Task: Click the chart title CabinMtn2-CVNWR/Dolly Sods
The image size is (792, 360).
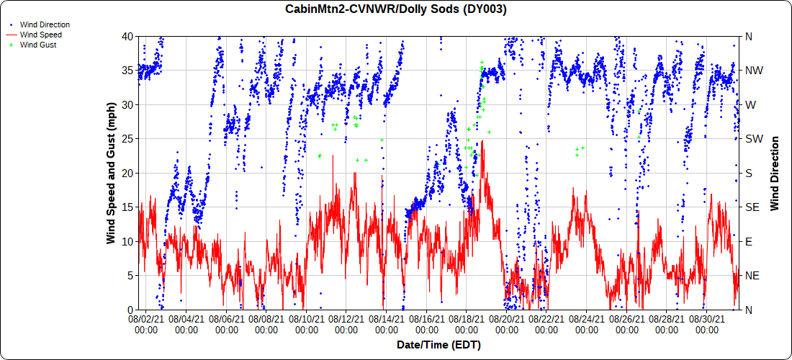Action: point(396,9)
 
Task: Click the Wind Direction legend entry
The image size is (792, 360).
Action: point(45,24)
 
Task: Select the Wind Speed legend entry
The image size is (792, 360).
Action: point(40,35)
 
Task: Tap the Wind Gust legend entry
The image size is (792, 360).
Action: point(38,45)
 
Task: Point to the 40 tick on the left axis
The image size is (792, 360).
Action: point(127,36)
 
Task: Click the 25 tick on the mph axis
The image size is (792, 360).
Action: point(127,138)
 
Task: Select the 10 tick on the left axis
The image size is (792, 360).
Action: point(127,241)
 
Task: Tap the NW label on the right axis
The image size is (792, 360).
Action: point(753,71)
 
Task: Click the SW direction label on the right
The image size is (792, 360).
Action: point(753,139)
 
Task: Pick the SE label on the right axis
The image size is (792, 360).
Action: point(752,207)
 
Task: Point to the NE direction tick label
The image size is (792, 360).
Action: point(752,276)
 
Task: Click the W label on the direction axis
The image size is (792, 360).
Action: point(750,104)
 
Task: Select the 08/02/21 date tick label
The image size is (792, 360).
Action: point(147,324)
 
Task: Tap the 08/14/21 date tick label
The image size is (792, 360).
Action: point(386,324)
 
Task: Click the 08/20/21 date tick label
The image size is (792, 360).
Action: point(506,324)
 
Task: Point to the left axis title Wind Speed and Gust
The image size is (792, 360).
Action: point(112,173)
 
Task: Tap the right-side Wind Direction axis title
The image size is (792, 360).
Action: point(775,173)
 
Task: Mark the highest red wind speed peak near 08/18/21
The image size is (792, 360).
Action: point(482,141)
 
